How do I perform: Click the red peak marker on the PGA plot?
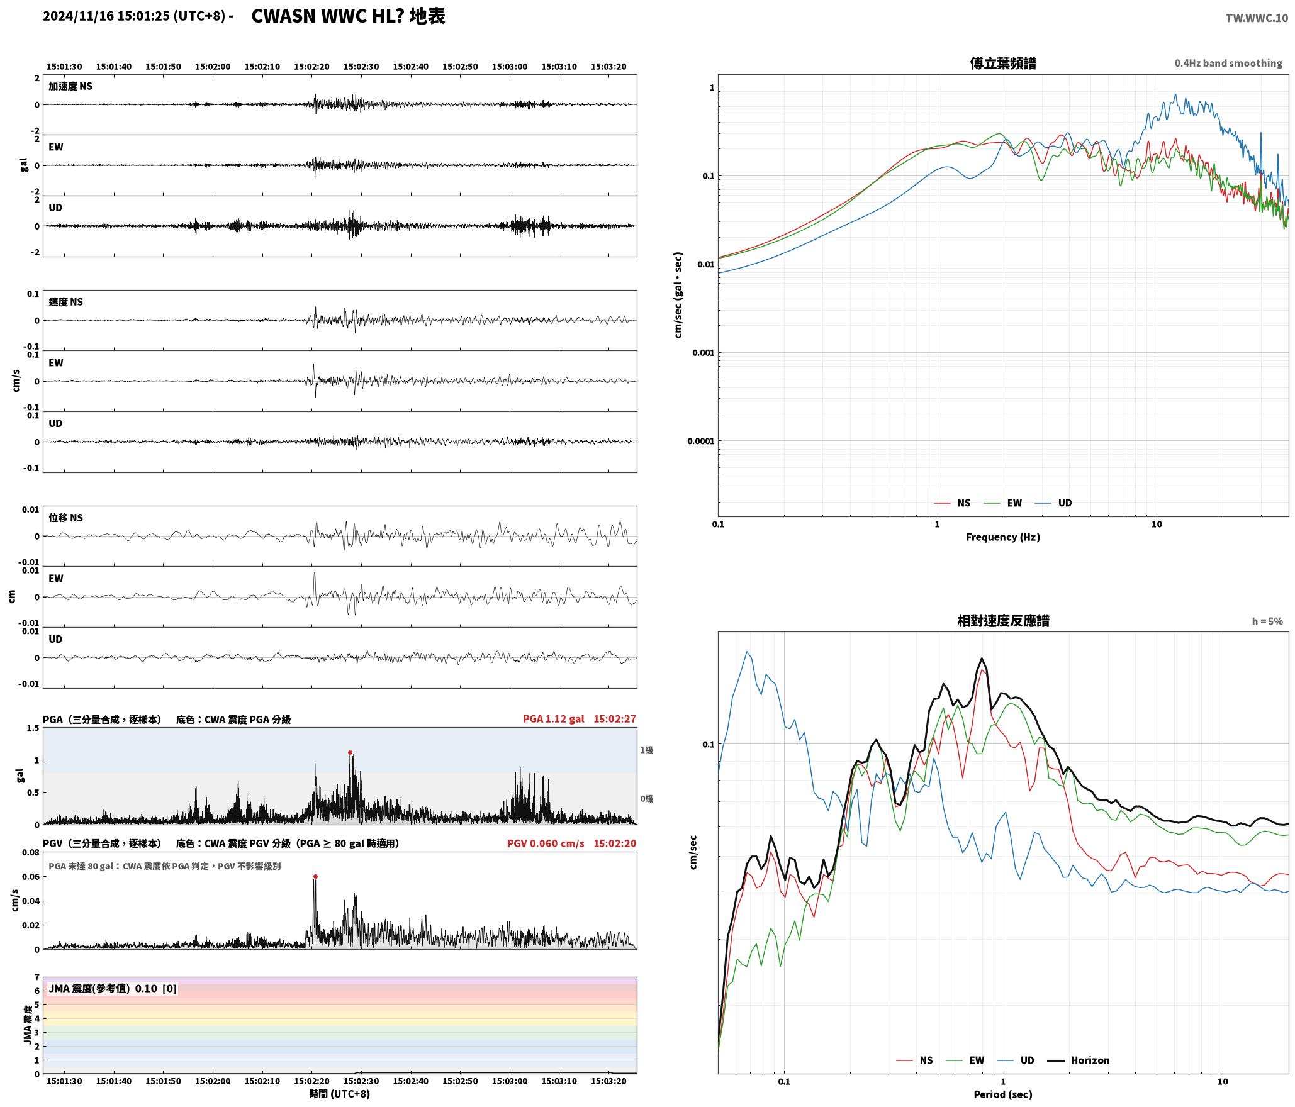pyautogui.click(x=350, y=752)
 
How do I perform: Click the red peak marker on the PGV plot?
pyautogui.click(x=315, y=876)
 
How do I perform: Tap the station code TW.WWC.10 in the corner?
pyautogui.click(x=1257, y=18)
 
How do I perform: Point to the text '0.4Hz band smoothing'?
pyautogui.click(x=1228, y=63)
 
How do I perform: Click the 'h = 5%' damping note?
pyautogui.click(x=1267, y=621)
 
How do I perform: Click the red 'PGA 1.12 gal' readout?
pyautogui.click(x=553, y=719)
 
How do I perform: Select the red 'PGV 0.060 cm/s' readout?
pyautogui.click(x=546, y=843)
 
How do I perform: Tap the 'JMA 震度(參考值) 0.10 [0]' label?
pyautogui.click(x=113, y=988)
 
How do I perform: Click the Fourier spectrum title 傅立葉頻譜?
pyautogui.click(x=1003, y=63)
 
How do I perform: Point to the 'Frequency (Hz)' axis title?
pyautogui.click(x=1003, y=537)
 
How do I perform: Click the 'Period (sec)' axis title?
pyautogui.click(x=1003, y=1094)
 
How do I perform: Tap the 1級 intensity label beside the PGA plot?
pyautogui.click(x=647, y=750)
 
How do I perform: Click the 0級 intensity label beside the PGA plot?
pyautogui.click(x=647, y=799)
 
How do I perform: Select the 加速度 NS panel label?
pyautogui.click(x=70, y=86)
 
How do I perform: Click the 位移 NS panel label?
pyautogui.click(x=66, y=518)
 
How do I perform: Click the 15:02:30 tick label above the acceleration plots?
pyautogui.click(x=361, y=67)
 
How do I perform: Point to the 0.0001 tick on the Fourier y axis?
pyautogui.click(x=700, y=441)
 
